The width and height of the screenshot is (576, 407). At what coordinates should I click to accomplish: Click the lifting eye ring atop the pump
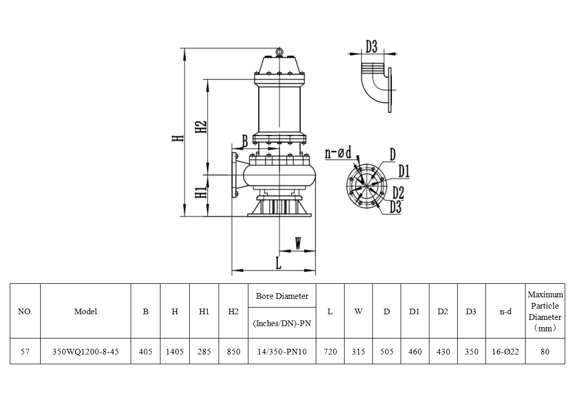(x=279, y=52)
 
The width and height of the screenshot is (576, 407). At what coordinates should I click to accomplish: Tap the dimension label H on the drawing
(x=177, y=138)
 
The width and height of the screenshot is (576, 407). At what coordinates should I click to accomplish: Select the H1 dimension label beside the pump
(x=201, y=192)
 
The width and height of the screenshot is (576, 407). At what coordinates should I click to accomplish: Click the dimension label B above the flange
(x=245, y=140)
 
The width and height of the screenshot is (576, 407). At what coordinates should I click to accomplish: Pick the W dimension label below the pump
(x=298, y=243)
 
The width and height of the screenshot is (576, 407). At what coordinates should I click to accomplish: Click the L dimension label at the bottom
(x=278, y=263)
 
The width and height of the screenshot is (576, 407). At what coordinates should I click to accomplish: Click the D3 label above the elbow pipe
(x=371, y=46)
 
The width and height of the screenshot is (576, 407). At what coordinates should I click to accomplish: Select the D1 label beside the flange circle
(x=403, y=171)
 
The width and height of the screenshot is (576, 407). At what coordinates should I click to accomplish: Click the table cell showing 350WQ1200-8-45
(x=85, y=351)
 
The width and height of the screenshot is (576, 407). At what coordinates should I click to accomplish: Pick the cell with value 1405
(x=175, y=351)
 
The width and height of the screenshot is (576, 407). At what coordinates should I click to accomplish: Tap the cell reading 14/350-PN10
(x=282, y=351)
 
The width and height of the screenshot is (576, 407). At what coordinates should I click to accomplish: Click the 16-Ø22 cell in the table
(x=506, y=351)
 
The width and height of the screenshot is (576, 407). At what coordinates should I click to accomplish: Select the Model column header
(x=85, y=311)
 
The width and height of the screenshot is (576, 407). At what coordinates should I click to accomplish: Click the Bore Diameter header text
(x=282, y=296)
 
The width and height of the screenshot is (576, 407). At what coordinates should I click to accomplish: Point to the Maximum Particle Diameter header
(x=545, y=311)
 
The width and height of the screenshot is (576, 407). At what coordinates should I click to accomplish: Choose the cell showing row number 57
(x=25, y=351)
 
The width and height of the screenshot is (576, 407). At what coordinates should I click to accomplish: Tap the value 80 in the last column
(x=545, y=351)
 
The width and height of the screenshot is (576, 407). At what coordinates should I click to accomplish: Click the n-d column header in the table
(x=506, y=311)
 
